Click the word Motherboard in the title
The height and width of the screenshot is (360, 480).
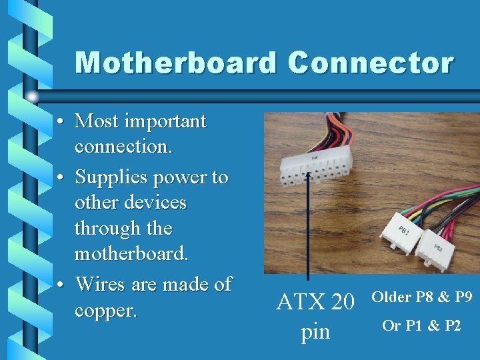[176, 63]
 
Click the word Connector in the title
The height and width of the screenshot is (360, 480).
[371, 63]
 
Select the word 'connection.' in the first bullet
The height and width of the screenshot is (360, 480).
[123, 146]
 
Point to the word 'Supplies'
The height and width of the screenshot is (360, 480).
[111, 177]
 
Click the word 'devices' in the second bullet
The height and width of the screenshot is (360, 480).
[155, 202]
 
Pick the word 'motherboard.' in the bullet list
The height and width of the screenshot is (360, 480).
[131, 253]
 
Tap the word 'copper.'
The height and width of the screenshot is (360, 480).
[105, 311]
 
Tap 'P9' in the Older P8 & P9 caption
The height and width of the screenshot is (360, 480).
[461, 297]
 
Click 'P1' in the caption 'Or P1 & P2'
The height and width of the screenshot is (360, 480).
[413, 325]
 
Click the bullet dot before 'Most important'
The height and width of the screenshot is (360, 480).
[60, 122]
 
